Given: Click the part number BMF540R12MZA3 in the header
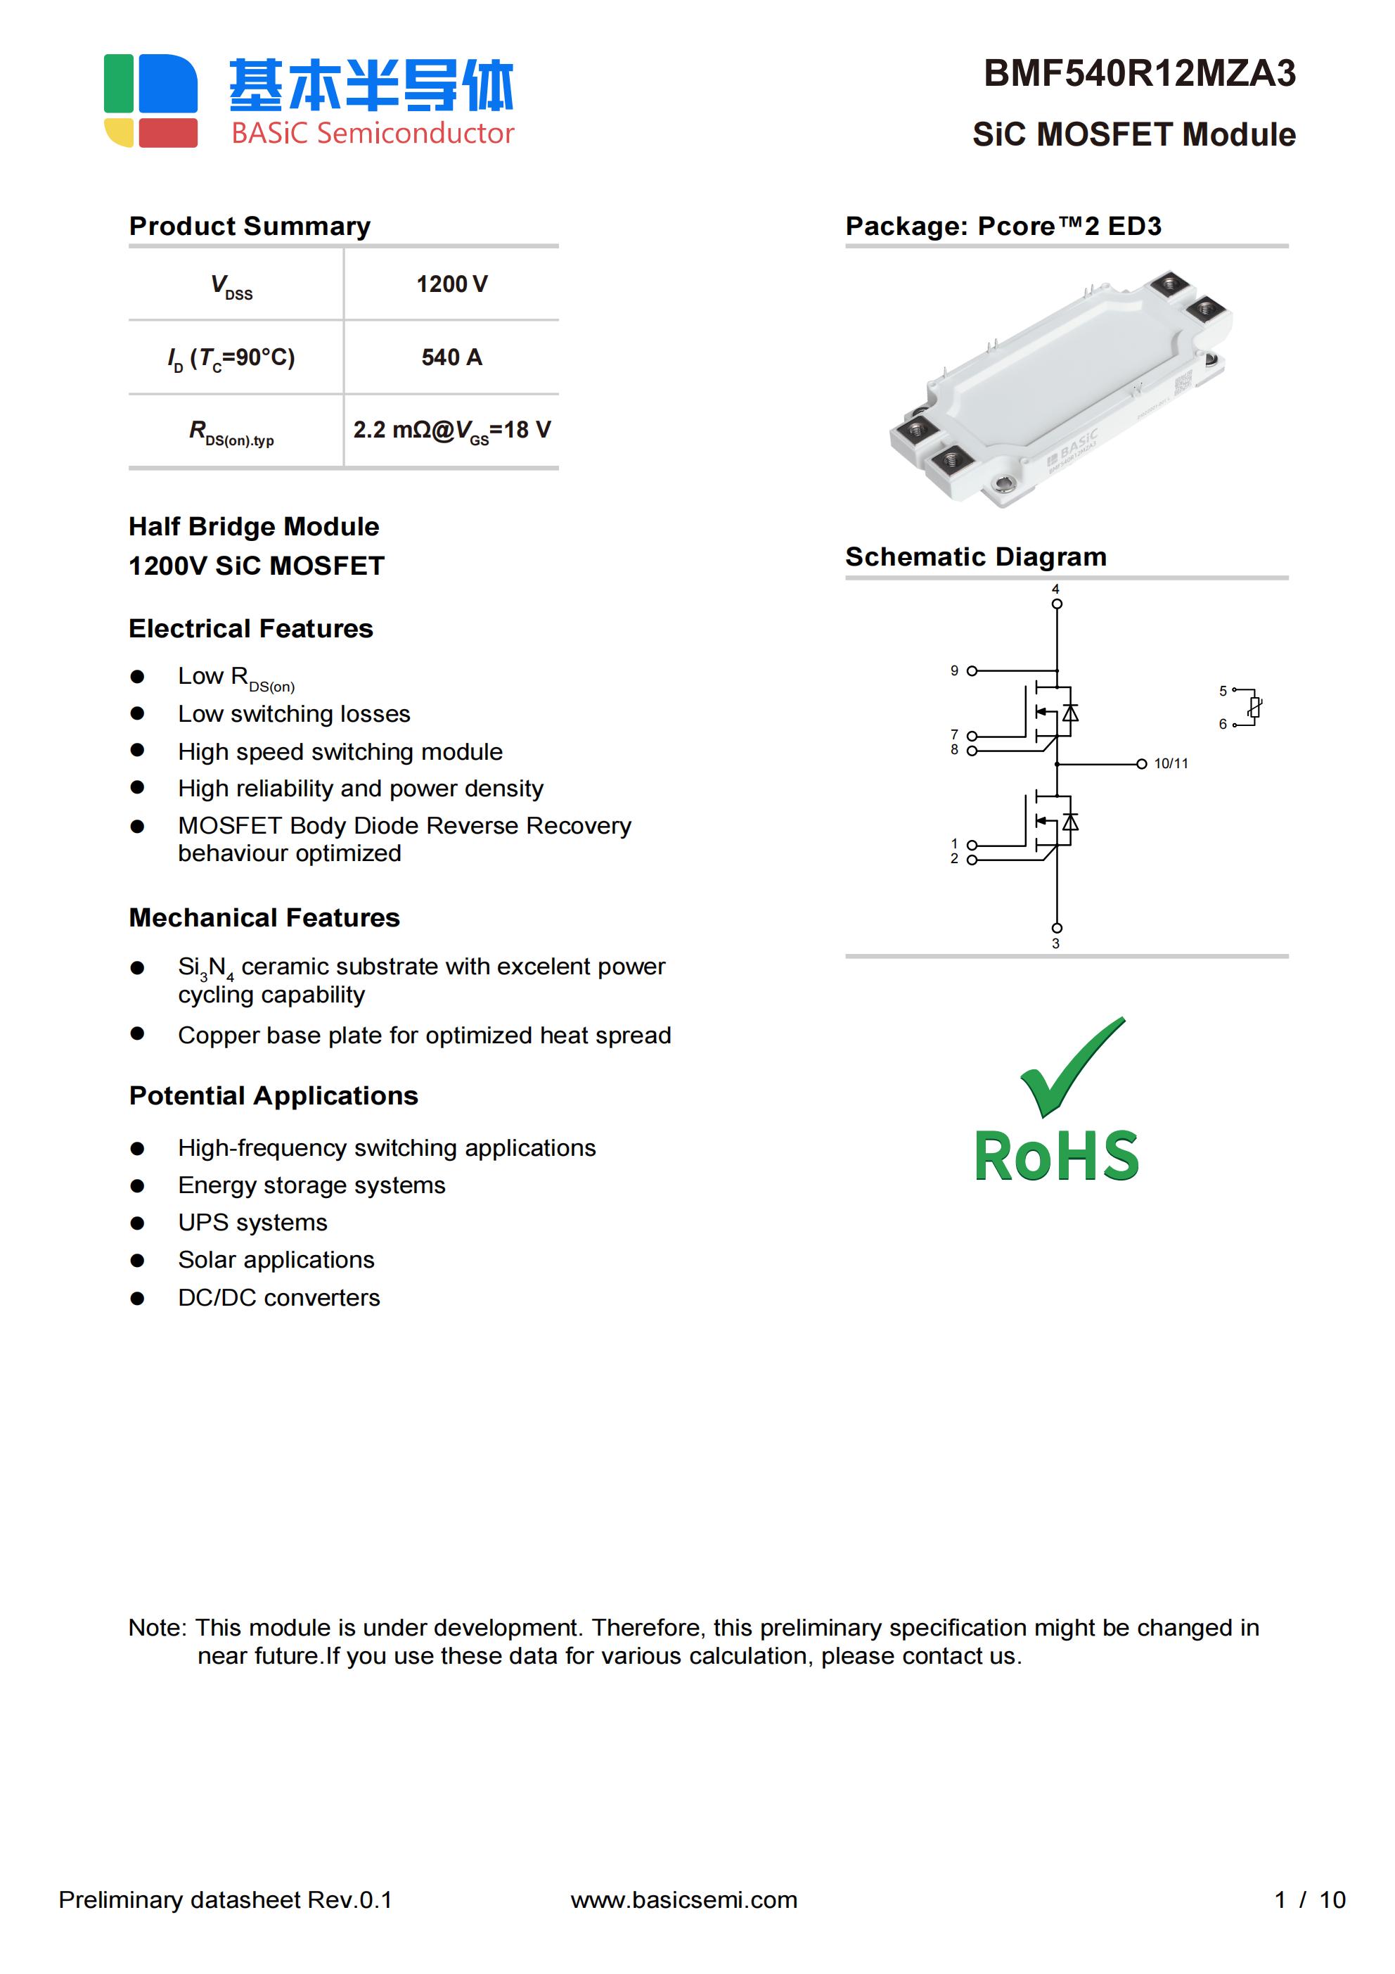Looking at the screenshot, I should tap(1139, 74).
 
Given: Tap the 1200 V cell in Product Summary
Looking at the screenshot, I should tap(451, 285).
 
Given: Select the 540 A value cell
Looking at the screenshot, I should tap(451, 357).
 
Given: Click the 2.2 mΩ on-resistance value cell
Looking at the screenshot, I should tap(451, 430).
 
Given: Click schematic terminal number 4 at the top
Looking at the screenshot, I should tap(1055, 590).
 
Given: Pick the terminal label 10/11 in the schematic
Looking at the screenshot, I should tap(1171, 763).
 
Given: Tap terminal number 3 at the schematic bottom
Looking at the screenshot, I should tap(1055, 944).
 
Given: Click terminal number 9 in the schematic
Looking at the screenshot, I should tap(954, 670).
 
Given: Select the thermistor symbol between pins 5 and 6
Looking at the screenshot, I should tap(1254, 708).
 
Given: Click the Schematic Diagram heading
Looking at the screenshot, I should tap(975, 557).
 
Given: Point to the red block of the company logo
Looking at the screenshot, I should tap(169, 133).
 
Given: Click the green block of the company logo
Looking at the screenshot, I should tap(119, 84).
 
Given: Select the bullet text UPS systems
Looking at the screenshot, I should tap(252, 1223).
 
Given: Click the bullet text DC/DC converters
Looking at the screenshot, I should tap(278, 1297).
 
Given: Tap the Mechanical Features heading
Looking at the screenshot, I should tap(264, 918).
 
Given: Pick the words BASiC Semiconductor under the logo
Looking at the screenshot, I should tap(372, 133).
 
